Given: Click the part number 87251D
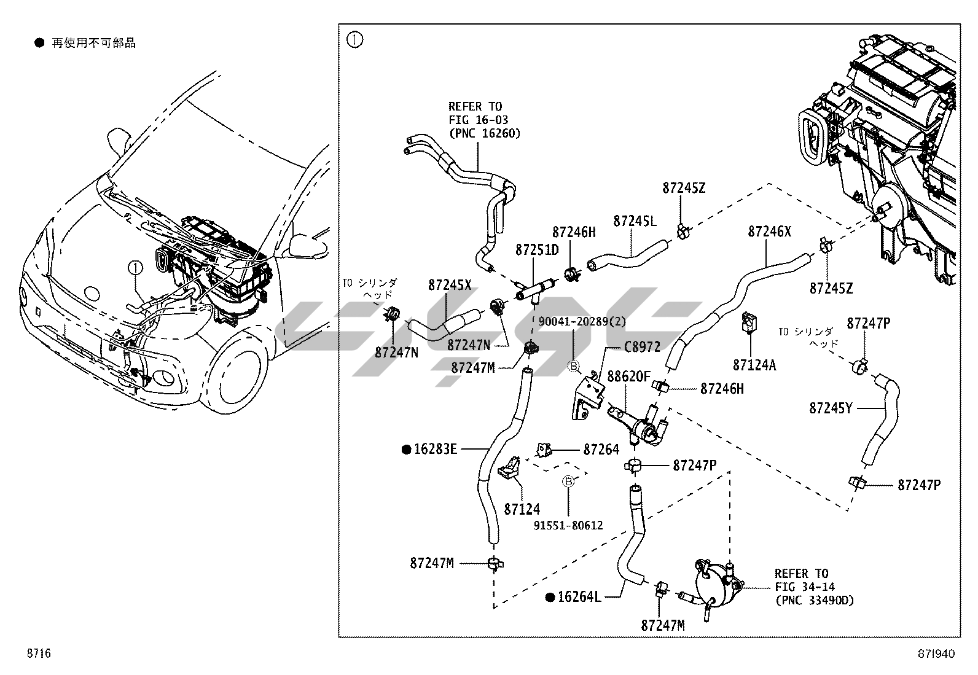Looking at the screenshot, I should click(537, 251).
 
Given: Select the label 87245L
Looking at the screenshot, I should click(635, 221).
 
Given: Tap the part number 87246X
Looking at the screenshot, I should click(769, 232).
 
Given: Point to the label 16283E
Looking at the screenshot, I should click(435, 450).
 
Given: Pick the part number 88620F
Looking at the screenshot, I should click(628, 376).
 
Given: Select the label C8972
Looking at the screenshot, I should click(642, 347).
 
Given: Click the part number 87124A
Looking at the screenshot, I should click(754, 365).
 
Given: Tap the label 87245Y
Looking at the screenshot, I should click(831, 408).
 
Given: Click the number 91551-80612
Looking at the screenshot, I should click(568, 525).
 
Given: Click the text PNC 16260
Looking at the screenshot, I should click(485, 133).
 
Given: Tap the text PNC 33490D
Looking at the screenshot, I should click(814, 600).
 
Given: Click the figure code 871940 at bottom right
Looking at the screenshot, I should click(937, 654).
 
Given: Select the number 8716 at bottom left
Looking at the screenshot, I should click(38, 654).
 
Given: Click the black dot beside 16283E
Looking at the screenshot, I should click(406, 450).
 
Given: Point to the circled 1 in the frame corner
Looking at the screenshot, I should click(355, 41).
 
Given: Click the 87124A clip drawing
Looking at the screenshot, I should click(749, 322).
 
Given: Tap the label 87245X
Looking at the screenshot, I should click(450, 285).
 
